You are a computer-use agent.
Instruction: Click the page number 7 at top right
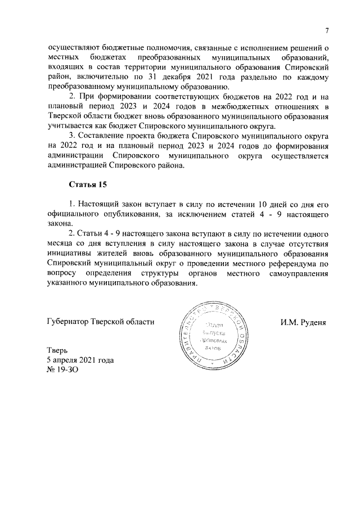(326, 30)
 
